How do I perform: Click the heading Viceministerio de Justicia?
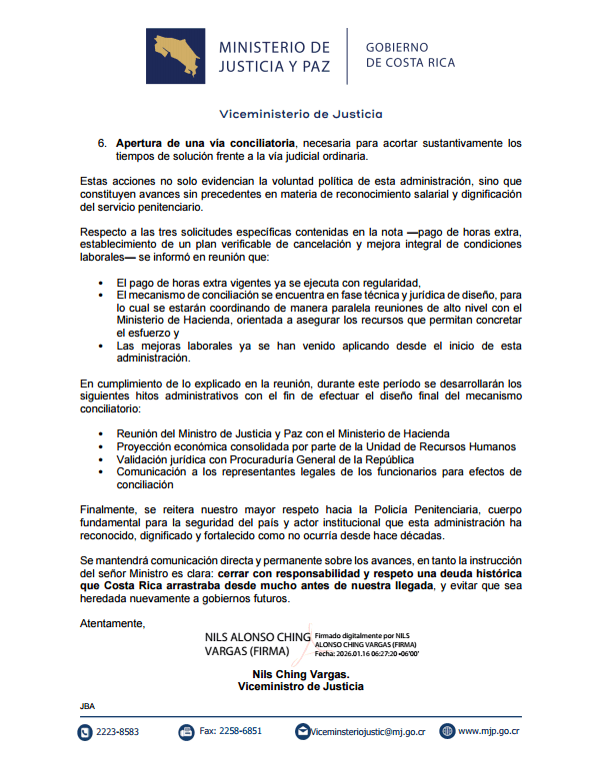coord(300,114)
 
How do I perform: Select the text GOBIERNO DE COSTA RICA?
coord(410,55)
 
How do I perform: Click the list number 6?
coord(102,143)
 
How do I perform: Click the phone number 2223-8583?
coord(117,732)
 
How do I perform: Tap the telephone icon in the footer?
coord(85,732)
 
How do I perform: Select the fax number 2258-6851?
coord(231,731)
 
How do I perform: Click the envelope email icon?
coord(302,732)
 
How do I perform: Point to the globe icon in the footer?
coord(447,732)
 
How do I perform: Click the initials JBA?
coord(86,706)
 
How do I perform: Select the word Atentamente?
coord(112,624)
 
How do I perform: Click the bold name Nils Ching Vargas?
coord(300,674)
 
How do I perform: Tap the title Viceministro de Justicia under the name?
coord(300,686)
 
